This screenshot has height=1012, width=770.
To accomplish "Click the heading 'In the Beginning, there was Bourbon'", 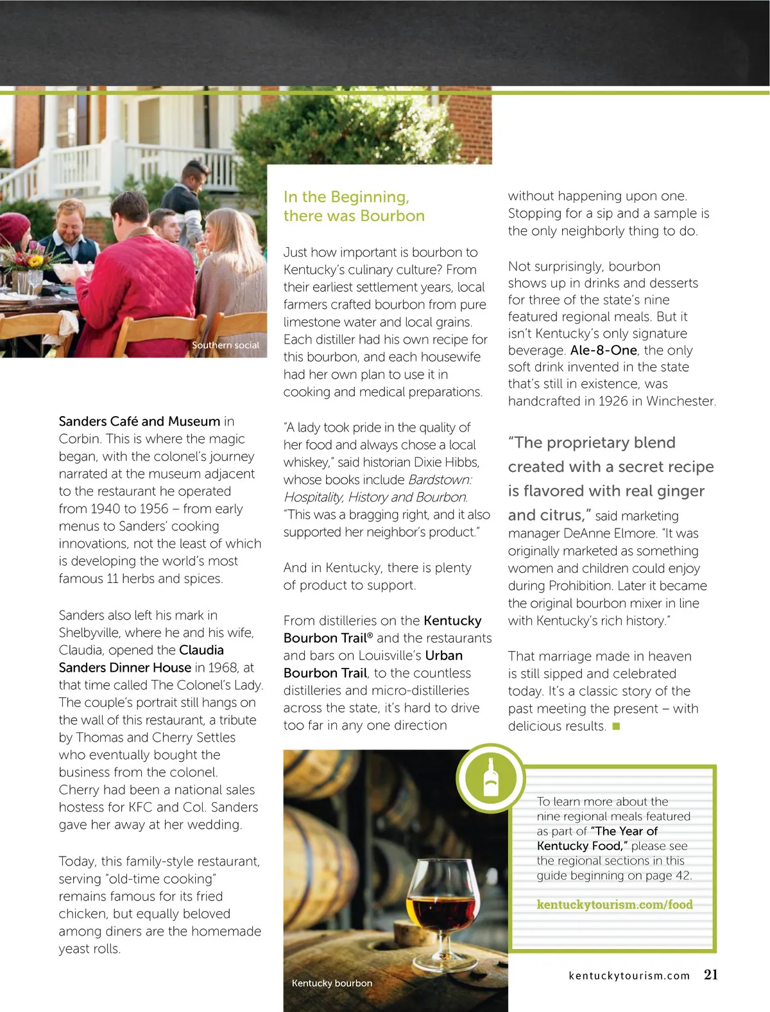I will click(354, 206).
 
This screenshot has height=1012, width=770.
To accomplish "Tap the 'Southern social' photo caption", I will click(225, 345).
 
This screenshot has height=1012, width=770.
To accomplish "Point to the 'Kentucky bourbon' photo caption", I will click(332, 983).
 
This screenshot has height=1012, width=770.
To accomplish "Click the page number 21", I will click(711, 975).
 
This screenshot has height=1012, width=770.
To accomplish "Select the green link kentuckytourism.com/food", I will click(615, 905).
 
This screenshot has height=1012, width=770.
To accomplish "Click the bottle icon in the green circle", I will click(491, 778).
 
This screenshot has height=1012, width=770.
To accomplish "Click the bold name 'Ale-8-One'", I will click(603, 351).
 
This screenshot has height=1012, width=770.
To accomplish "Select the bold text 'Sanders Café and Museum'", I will click(139, 422).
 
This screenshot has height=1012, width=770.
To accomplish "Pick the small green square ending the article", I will click(616, 726).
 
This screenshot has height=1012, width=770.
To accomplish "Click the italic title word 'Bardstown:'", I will click(440, 480).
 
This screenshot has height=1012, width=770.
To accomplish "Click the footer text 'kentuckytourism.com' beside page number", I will click(629, 976).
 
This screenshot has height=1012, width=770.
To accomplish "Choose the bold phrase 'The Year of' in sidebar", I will click(626, 832).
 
